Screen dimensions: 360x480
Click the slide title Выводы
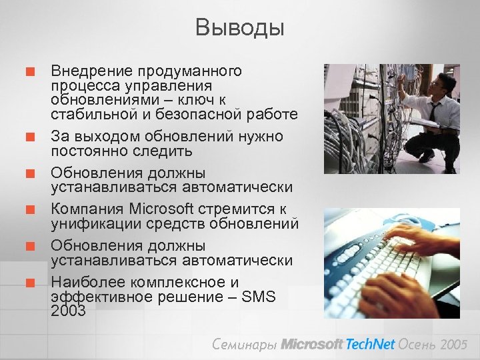tap(240, 27)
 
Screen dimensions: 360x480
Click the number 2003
tap(69, 310)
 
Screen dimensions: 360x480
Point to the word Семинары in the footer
tap(243, 344)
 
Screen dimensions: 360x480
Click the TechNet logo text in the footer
tap(370, 344)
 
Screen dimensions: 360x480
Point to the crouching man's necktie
tap(434, 111)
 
